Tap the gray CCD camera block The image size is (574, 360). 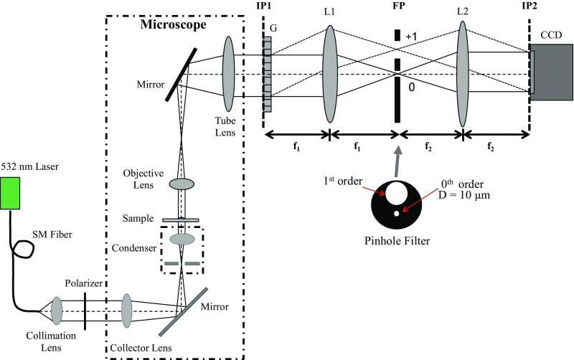(x=550, y=72)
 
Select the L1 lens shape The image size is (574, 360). (x=330, y=74)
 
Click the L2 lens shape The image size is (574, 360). (x=463, y=74)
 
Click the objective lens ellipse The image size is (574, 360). (x=184, y=185)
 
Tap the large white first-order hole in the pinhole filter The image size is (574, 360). (x=396, y=191)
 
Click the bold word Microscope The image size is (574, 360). (x=172, y=24)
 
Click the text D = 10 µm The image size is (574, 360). (x=466, y=195)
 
